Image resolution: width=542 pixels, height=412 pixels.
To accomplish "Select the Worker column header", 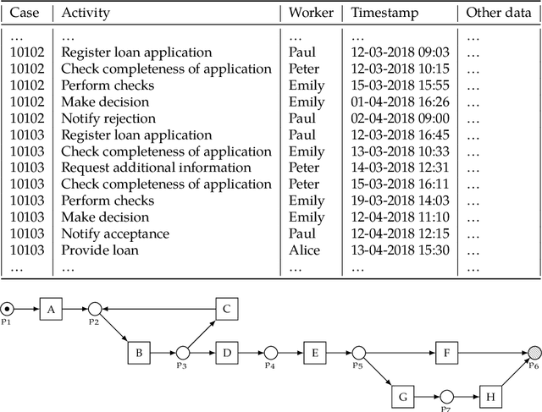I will (x=310, y=14).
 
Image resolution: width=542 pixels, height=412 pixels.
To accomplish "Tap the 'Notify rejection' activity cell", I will (x=108, y=118).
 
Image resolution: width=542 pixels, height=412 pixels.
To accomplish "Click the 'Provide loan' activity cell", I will (x=100, y=250).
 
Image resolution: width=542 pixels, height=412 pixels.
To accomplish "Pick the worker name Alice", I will (x=304, y=250).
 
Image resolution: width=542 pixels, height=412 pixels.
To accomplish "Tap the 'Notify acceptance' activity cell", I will (x=115, y=233).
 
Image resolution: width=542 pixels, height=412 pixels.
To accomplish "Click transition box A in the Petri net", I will (x=51, y=310).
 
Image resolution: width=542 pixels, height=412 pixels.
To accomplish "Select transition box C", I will (x=226, y=310).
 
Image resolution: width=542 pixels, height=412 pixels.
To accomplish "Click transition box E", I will (x=314, y=352).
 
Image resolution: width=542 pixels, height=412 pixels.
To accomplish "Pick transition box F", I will (x=446, y=352).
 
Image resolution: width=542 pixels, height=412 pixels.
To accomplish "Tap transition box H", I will (x=490, y=395).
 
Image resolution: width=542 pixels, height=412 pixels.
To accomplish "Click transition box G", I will (x=402, y=395).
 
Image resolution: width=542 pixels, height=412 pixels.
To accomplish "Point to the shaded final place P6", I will (x=534, y=352).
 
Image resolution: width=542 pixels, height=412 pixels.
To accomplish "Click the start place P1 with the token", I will (x=7, y=310).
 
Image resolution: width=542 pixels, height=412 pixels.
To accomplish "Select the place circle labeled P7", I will (x=446, y=395).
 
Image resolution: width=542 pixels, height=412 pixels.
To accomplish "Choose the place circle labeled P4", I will (x=270, y=352).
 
